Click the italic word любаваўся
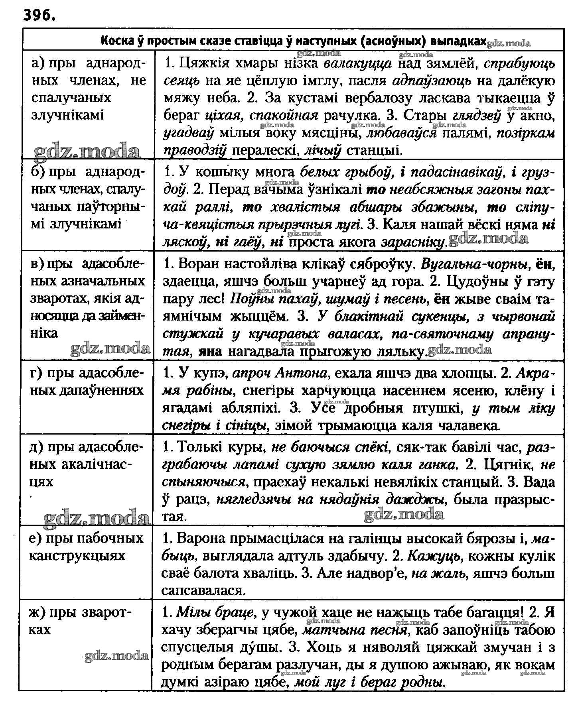pos(402,133)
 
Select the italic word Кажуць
pos(435,556)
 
